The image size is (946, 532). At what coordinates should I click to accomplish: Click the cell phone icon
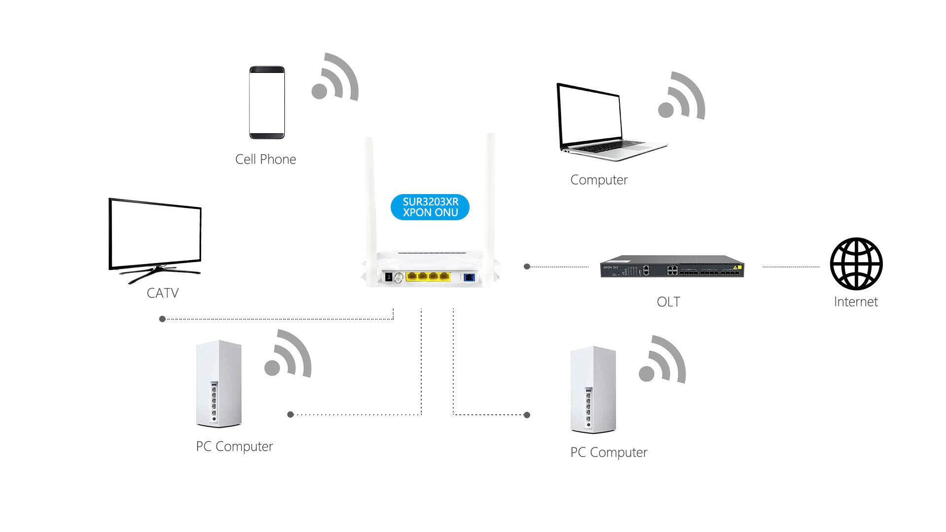[x=267, y=102]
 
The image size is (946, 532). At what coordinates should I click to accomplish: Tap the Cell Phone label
[x=266, y=160]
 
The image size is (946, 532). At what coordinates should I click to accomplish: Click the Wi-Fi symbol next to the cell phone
[x=336, y=78]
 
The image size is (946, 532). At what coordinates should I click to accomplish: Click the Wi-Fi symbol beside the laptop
[x=682, y=97]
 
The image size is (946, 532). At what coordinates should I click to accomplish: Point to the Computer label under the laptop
[x=599, y=180]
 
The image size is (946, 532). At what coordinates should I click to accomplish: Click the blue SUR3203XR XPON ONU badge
[x=430, y=207]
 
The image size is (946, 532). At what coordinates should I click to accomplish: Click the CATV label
[x=163, y=293]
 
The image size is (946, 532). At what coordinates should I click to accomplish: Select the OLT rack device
[x=672, y=266]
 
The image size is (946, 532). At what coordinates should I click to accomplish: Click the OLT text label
[x=668, y=302]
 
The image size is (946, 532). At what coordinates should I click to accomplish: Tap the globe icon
[x=856, y=264]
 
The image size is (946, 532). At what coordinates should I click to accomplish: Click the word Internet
[x=856, y=302]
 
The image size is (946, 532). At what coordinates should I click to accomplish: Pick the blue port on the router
[x=469, y=277]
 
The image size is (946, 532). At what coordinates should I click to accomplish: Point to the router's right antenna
[x=490, y=197]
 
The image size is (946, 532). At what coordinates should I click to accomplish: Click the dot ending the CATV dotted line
[x=163, y=319]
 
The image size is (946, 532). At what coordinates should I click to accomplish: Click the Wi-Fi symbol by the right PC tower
[x=663, y=361]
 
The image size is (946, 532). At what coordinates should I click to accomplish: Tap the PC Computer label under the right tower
[x=608, y=452]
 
